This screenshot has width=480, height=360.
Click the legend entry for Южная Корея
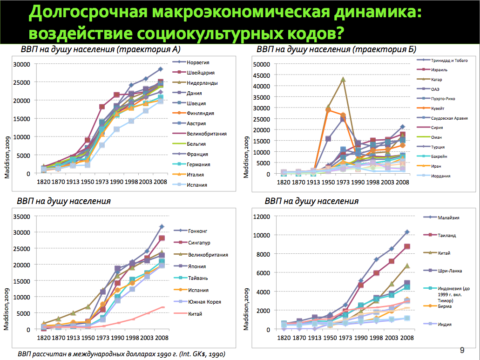(204, 301)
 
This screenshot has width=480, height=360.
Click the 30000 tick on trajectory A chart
(22, 64)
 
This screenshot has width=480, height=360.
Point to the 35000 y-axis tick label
(22, 216)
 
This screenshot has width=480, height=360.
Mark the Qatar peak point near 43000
(343, 79)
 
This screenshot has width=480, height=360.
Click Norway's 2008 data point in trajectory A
(160, 69)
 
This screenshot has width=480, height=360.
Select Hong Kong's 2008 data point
(162, 227)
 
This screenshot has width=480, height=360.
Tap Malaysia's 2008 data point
(407, 232)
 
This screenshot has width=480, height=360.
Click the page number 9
(462, 350)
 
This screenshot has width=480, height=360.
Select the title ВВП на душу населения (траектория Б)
(336, 50)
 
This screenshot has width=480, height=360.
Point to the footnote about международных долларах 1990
(121, 354)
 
